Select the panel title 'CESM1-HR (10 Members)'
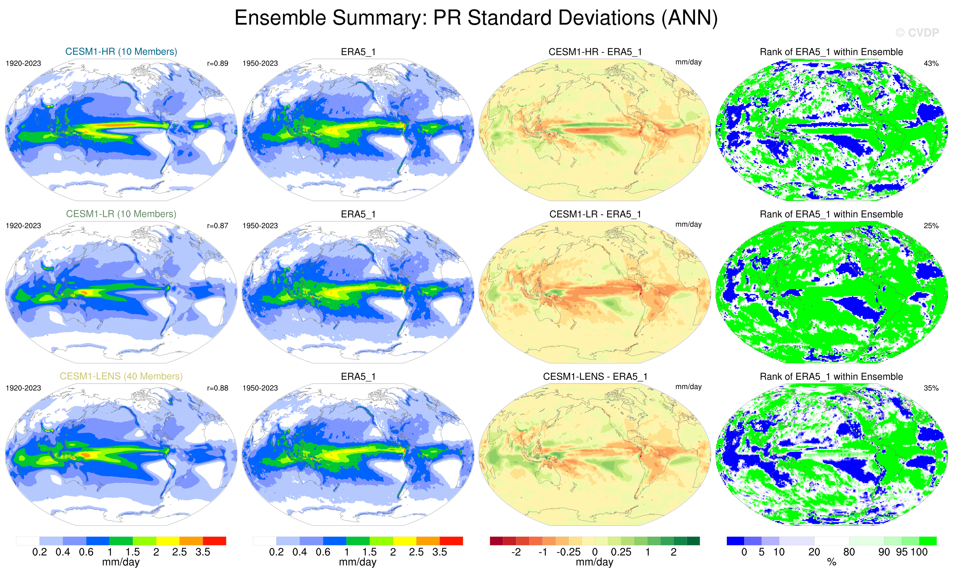(121, 51)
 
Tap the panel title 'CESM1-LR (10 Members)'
(121, 214)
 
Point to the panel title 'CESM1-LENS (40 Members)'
(121, 376)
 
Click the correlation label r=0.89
(217, 63)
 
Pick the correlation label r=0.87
(217, 226)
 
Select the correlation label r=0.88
(217, 388)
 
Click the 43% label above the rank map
(931, 63)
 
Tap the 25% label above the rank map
(931, 226)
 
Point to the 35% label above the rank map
(931, 388)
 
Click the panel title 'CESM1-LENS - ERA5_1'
(595, 377)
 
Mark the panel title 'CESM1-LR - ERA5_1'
(595, 214)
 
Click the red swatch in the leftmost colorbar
(214, 540)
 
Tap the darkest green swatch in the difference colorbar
(693, 540)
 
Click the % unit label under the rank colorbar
(831, 562)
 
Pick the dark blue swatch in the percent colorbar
(735, 540)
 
